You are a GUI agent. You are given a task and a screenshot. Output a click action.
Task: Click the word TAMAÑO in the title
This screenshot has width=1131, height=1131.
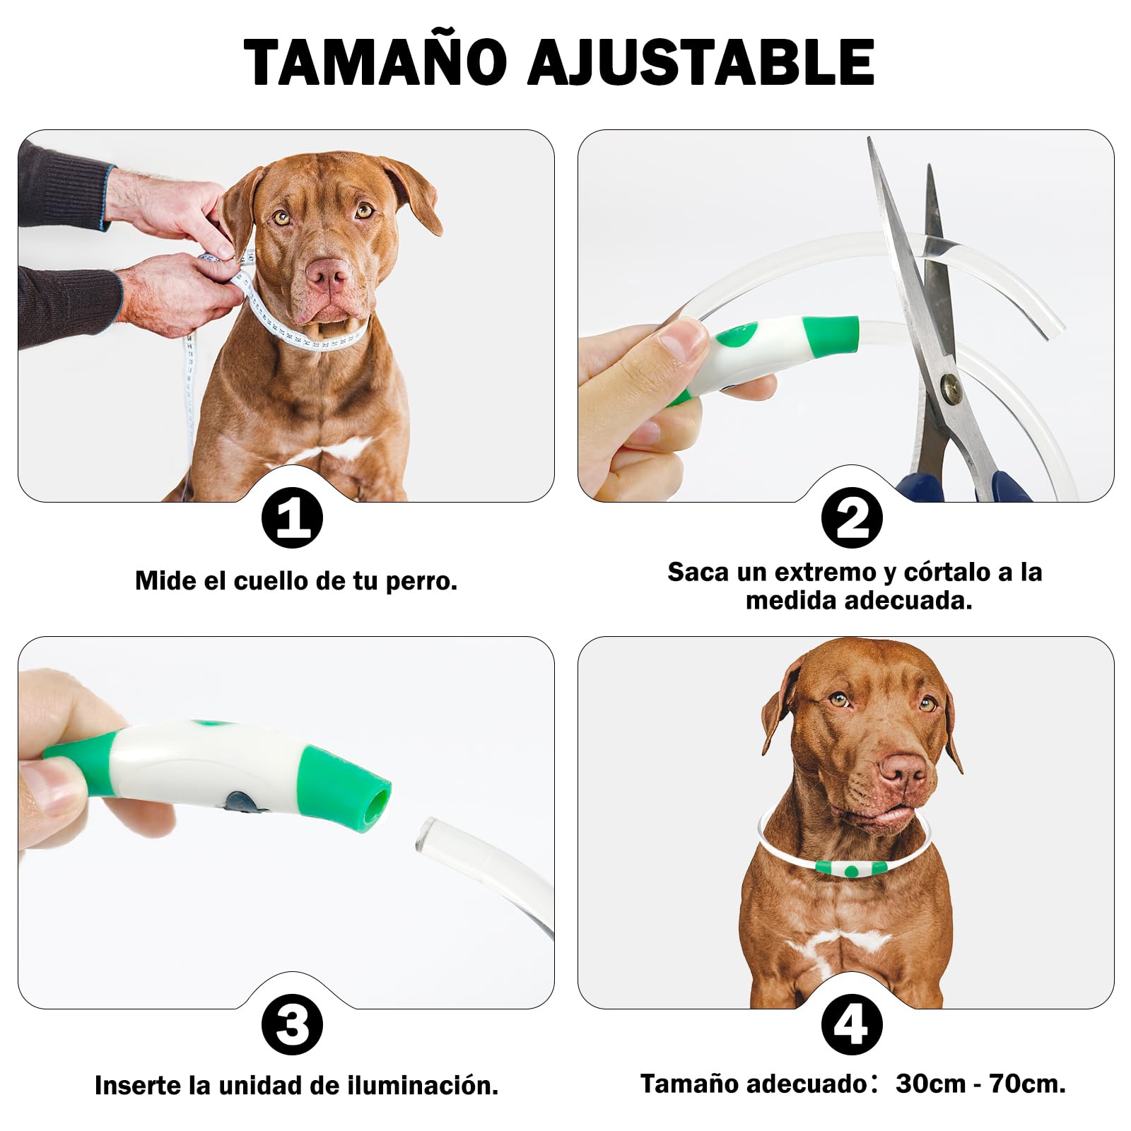(375, 62)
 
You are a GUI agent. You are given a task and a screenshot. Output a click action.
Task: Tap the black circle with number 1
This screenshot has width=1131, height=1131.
(292, 518)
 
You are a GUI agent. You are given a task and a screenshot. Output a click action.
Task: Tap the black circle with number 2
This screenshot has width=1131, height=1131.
(852, 518)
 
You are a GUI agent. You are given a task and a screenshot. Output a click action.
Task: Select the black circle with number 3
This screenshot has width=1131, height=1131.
(292, 1024)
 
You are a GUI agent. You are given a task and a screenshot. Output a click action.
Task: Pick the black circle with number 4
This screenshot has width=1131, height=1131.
(852, 1024)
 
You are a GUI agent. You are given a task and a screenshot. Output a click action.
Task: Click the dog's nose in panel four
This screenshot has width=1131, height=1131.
(902, 769)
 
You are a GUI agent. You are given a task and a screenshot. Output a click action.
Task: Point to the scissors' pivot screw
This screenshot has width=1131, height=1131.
(951, 385)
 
